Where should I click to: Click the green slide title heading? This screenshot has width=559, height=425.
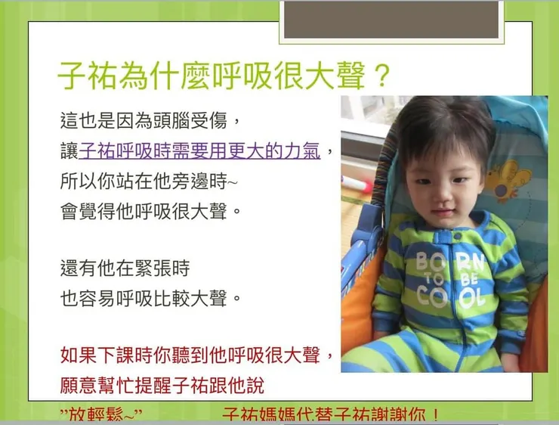[x=215, y=76]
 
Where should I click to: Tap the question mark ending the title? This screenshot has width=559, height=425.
[x=381, y=76]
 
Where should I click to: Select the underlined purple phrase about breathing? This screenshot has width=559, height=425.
[x=199, y=150]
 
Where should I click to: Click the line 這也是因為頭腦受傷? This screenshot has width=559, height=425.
[x=151, y=119]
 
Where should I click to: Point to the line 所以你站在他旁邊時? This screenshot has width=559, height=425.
[x=149, y=181]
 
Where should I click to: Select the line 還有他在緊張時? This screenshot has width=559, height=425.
[x=125, y=268]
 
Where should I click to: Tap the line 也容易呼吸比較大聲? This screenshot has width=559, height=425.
[x=151, y=298]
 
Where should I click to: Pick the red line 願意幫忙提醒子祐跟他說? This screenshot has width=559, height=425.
[x=162, y=385]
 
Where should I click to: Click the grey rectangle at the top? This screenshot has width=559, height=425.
[x=391, y=19]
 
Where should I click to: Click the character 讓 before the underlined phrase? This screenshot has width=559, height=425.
[x=69, y=150]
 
